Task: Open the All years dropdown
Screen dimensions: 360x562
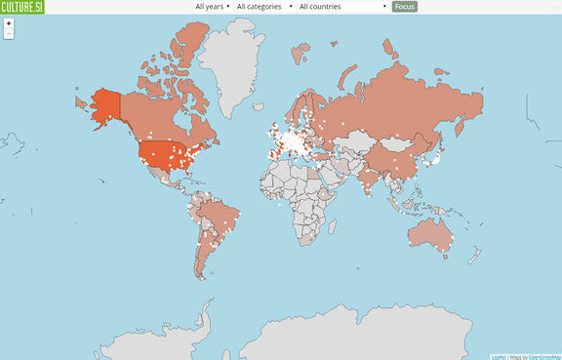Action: pyautogui.click(x=213, y=6)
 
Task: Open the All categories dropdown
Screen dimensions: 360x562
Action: pyautogui.click(x=264, y=6)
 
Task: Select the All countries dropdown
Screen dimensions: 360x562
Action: pyautogui.click(x=342, y=6)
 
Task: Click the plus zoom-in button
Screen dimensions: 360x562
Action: pyautogui.click(x=9, y=22)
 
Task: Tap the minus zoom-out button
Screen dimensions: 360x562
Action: pyautogui.click(x=9, y=33)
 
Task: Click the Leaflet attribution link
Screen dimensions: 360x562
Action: pyautogui.click(x=499, y=356)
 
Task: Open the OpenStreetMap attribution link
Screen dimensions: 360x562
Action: pyautogui.click(x=544, y=356)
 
